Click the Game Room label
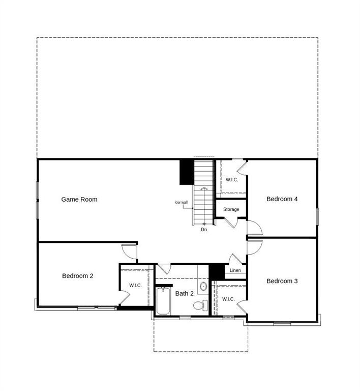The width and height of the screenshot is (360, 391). tap(79, 200)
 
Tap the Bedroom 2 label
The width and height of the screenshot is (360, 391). tap(77, 276)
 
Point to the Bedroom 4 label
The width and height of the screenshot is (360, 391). tap(282, 199)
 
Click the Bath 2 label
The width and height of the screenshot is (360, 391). tap(184, 294)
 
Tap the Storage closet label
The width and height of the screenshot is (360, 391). tap(231, 209)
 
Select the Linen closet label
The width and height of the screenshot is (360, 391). tap(235, 270)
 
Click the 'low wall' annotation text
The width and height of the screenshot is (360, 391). tap(181, 203)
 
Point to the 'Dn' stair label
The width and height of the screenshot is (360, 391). tap(204, 230)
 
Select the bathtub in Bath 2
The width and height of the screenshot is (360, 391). tap(163, 301)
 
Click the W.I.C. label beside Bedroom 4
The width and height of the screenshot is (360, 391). tap(232, 180)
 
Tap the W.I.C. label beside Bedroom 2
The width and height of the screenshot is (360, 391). tap(135, 286)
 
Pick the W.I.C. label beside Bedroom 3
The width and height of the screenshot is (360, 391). tap(228, 299)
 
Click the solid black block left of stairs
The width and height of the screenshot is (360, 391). tap(186, 172)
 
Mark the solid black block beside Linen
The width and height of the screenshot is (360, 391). tap(217, 271)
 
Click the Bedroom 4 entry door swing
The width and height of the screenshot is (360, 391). tap(254, 227)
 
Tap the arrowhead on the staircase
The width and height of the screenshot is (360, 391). tap(204, 189)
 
